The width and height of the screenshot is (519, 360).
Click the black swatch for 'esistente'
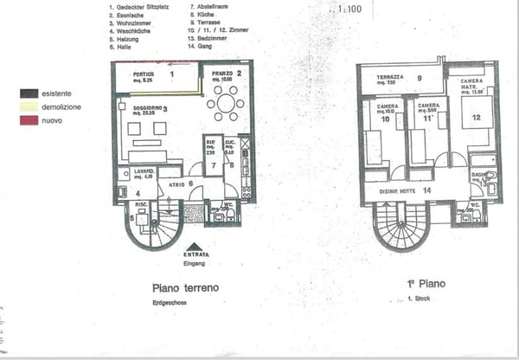tap(29, 93)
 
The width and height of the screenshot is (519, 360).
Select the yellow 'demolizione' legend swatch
tap(29, 107)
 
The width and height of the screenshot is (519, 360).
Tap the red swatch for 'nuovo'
tap(29, 121)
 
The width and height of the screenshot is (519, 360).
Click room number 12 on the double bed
tap(475, 117)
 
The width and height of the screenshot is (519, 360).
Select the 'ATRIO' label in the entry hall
tap(176, 183)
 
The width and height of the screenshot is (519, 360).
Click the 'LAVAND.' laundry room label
tap(144, 171)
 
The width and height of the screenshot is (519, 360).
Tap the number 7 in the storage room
tap(213, 164)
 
